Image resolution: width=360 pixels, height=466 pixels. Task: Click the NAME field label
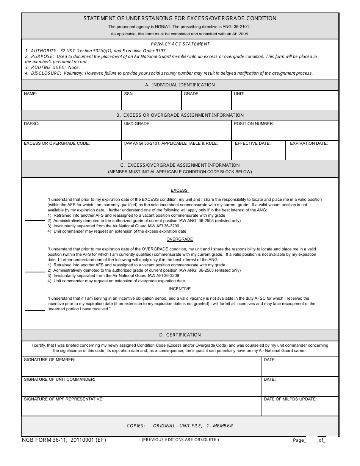click(30, 94)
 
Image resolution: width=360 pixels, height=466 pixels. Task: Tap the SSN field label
click(129, 94)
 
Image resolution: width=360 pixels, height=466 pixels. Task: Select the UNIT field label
click(239, 94)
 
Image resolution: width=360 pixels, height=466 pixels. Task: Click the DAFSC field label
click(31, 124)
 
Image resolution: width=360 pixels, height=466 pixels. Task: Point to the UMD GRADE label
click(137, 124)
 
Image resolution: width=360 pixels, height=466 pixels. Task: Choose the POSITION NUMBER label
click(254, 124)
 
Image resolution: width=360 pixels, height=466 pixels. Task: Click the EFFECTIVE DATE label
click(253, 143)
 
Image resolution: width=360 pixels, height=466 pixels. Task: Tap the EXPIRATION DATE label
click(308, 143)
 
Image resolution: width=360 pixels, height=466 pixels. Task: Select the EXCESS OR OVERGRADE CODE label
click(57, 143)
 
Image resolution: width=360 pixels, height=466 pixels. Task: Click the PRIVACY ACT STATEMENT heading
click(180, 44)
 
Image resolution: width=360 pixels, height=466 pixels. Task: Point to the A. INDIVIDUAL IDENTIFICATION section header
click(180, 85)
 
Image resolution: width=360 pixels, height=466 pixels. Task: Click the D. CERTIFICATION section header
click(180, 335)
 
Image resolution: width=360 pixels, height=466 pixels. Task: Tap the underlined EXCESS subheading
click(179, 190)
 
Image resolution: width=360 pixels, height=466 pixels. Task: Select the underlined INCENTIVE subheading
click(180, 289)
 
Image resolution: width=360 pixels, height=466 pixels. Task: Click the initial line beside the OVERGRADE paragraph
click(35, 271)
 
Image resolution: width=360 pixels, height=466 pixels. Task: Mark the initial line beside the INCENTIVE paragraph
click(35, 310)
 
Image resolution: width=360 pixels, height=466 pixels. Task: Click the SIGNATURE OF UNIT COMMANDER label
click(59, 379)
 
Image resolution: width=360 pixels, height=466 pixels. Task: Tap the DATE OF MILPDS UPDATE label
click(290, 399)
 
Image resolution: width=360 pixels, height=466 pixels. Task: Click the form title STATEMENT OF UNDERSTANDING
click(180, 18)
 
